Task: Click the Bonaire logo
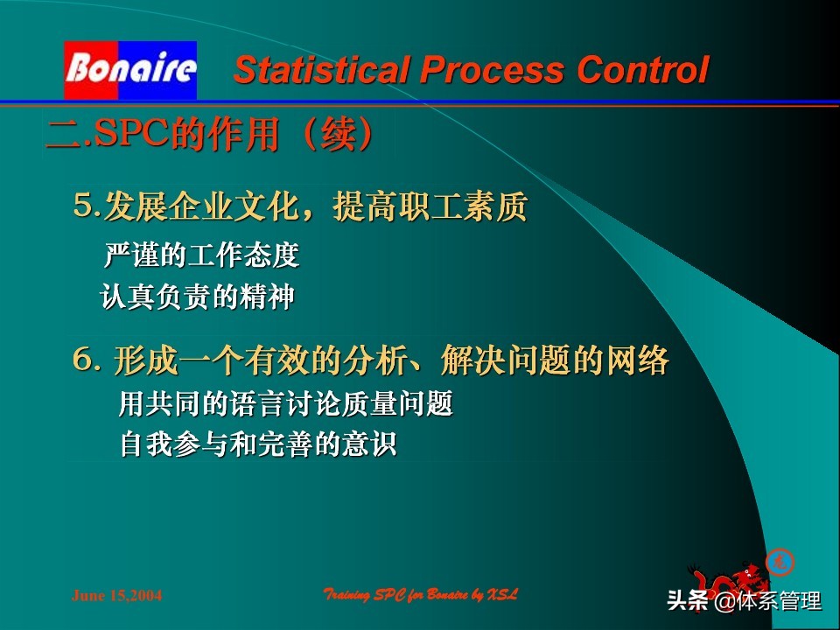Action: coord(130,70)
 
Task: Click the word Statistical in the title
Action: coord(319,70)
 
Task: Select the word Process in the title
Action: coord(490,70)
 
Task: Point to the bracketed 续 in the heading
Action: coord(335,135)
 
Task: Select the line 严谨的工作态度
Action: coord(201,255)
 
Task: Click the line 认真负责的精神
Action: coord(198,298)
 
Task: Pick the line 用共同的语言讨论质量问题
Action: coord(285,404)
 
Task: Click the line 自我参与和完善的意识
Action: coord(258,445)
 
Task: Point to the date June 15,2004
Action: coord(116,596)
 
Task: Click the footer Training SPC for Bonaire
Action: coord(420,595)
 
